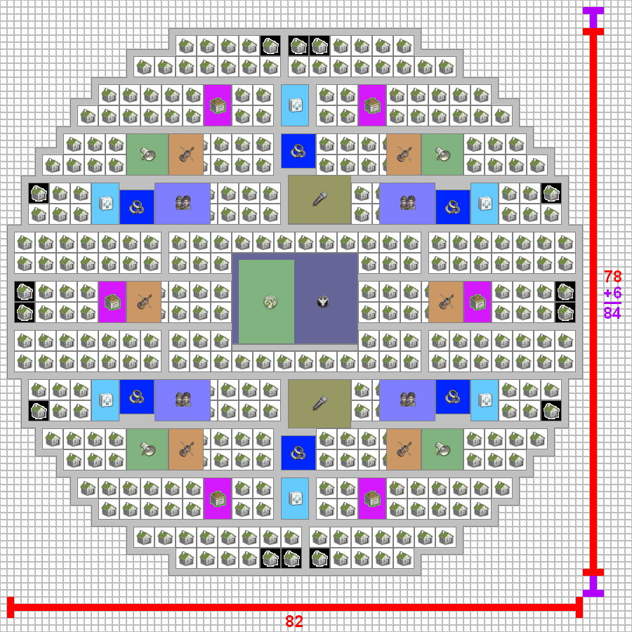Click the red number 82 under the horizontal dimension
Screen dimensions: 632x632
294,621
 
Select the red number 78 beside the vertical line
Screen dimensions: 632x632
612,277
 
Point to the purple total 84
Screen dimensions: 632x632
612,313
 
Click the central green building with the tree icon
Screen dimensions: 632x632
266,302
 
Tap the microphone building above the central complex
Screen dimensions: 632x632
320,199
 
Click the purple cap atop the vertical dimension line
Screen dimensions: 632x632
593,14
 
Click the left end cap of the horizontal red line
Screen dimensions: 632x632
11,607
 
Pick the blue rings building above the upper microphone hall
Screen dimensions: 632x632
298,150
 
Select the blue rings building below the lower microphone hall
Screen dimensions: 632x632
298,452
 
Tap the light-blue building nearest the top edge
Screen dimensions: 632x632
295,105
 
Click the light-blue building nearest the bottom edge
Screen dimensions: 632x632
295,499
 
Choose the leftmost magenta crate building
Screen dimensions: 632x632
112,302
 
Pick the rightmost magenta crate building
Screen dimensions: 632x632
478,302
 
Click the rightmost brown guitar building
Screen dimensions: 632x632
446,302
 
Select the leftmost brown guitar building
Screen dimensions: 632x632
144,302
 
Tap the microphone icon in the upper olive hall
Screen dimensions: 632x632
320,199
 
